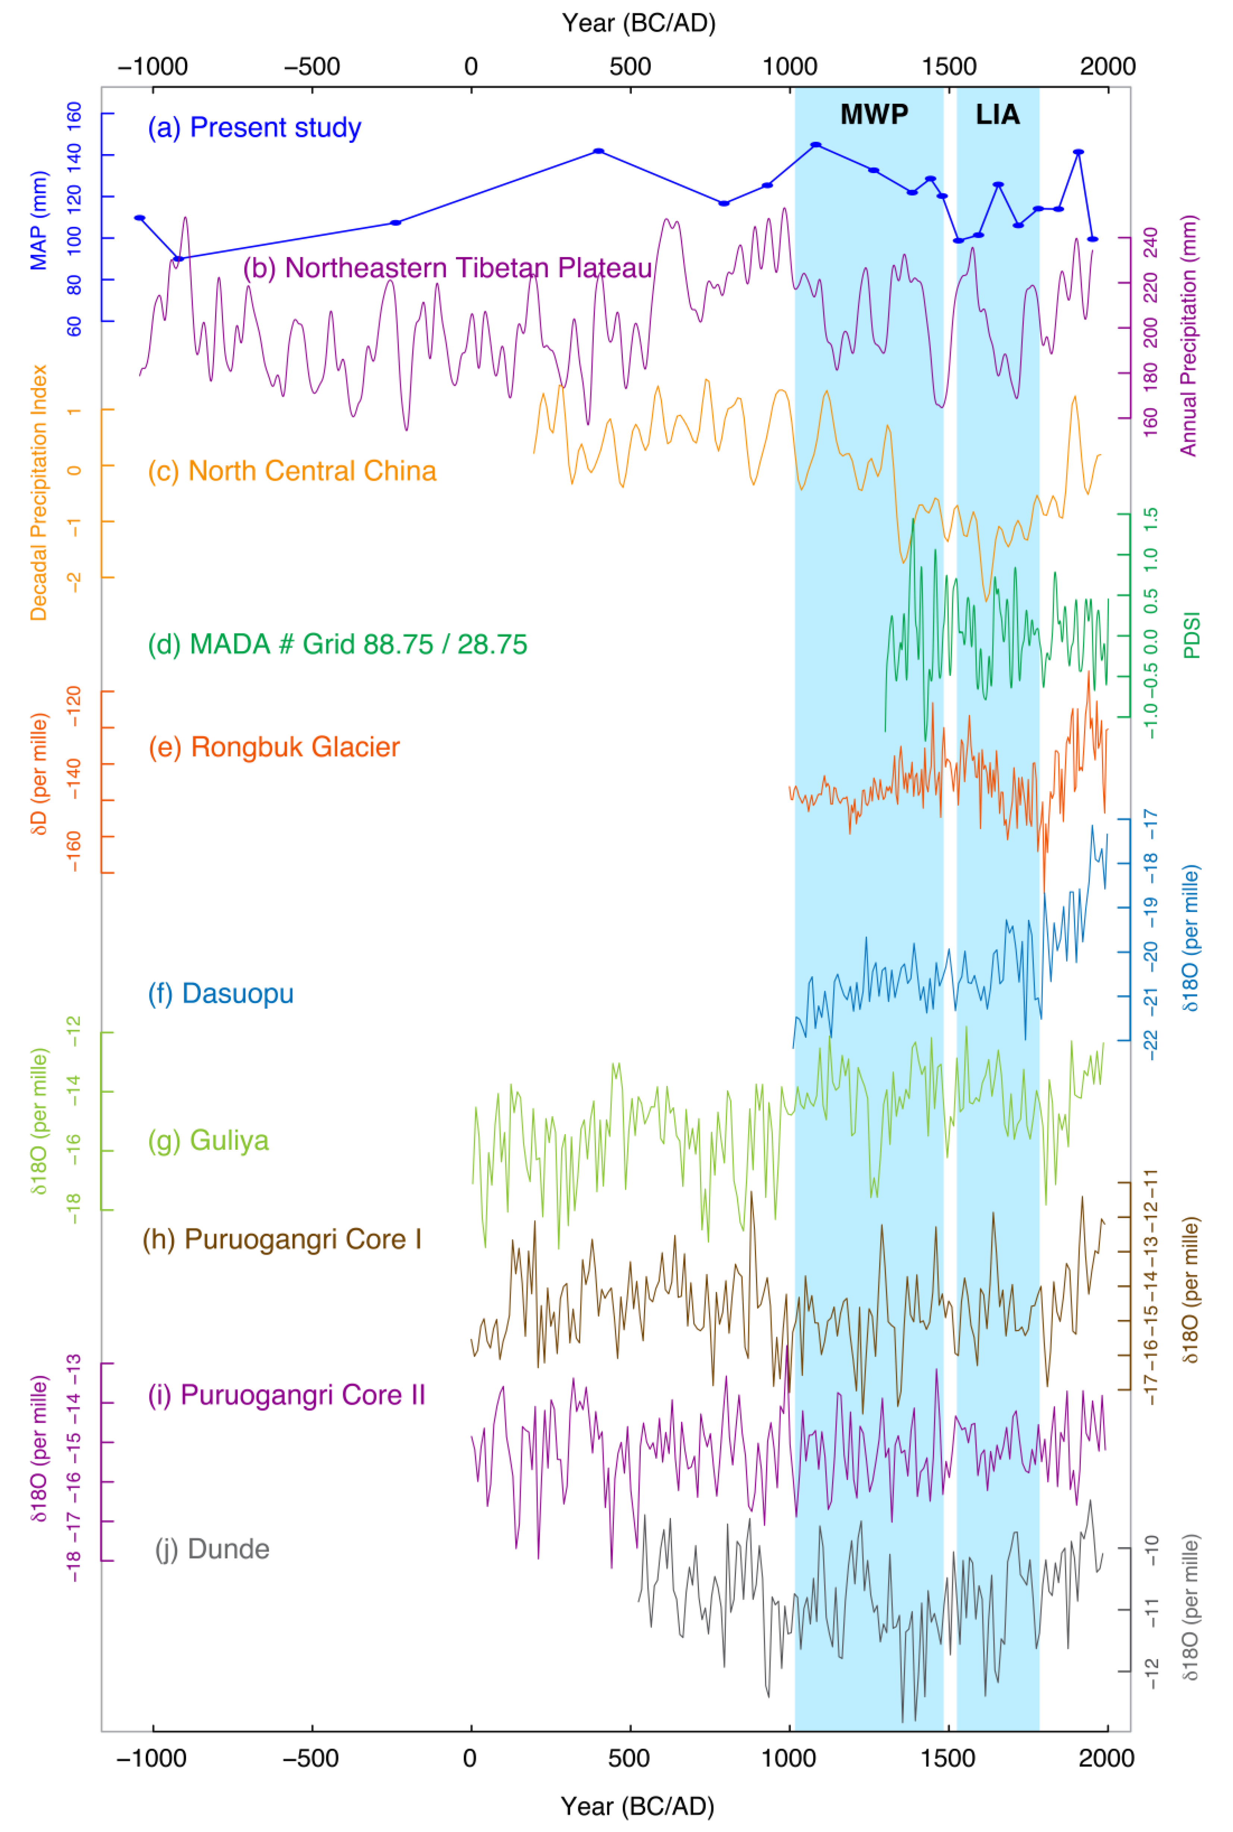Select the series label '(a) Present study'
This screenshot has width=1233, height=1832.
[x=254, y=128]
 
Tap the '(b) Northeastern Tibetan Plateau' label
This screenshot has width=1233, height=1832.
[x=448, y=268]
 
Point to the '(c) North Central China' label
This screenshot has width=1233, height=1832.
[x=292, y=470]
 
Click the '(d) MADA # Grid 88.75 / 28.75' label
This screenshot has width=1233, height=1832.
[x=338, y=644]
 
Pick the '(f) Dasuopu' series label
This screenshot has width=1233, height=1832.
[x=221, y=993]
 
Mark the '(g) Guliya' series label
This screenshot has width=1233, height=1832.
[x=208, y=1141]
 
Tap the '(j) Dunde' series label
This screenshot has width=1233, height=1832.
[x=212, y=1549]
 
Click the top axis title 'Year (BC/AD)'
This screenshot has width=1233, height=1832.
[x=639, y=24]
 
